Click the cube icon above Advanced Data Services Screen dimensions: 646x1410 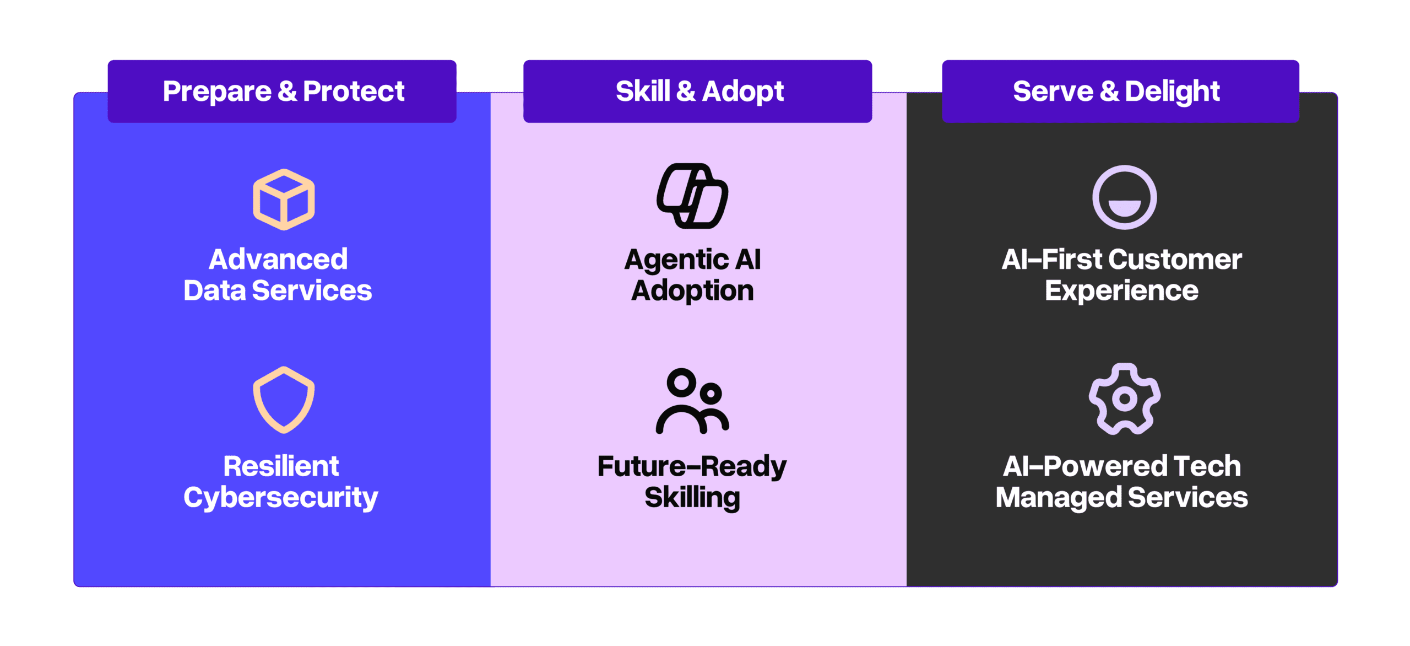(x=284, y=200)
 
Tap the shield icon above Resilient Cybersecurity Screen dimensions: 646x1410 (x=284, y=400)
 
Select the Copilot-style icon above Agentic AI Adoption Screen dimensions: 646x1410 (x=692, y=196)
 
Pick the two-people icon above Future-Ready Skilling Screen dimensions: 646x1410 (x=692, y=401)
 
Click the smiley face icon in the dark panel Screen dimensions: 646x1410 (x=1124, y=197)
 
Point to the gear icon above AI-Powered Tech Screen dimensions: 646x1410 (x=1124, y=399)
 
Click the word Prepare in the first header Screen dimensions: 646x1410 (x=217, y=91)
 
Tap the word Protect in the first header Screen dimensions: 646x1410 (x=354, y=91)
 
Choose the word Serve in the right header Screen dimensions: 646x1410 (x=1053, y=91)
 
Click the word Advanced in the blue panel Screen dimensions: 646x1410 (x=278, y=259)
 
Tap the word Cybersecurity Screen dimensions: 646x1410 (x=280, y=498)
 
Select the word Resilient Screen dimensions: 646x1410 (x=281, y=466)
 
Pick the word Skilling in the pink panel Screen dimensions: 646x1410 (x=692, y=498)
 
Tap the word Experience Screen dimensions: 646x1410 (x=1121, y=291)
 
